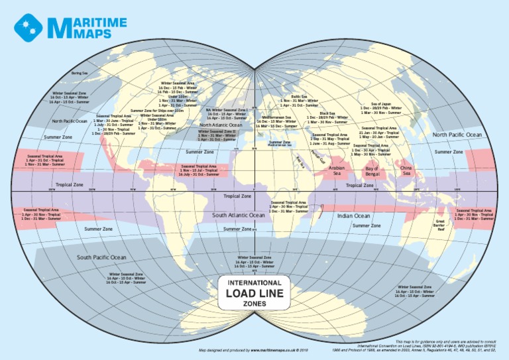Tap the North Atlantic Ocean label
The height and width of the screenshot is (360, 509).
point(221,125)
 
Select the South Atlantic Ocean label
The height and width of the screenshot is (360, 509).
point(238,215)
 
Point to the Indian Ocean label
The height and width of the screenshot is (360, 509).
point(353,215)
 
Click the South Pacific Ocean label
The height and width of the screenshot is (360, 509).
point(101,257)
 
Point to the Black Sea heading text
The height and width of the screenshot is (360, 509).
point(327,113)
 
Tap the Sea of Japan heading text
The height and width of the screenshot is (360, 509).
point(380,103)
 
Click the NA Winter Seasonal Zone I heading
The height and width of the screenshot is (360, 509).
point(227,110)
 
